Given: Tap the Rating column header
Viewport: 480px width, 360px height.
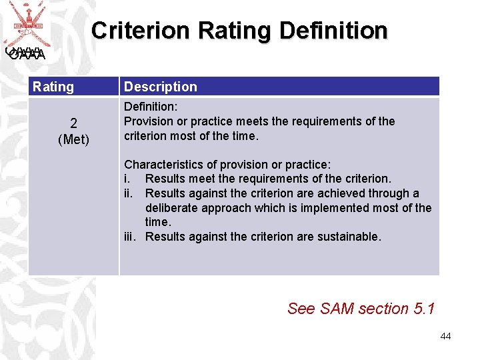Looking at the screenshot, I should pos(53,87).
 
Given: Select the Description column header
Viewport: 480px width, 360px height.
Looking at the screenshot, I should pos(161,87).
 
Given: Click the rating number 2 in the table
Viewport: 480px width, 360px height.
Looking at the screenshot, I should pos(73,123).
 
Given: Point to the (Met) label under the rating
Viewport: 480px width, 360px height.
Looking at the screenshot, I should pos(73,139).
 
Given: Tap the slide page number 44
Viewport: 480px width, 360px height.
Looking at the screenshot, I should pos(445,336).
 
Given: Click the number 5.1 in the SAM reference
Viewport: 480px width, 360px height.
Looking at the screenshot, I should pos(424,309).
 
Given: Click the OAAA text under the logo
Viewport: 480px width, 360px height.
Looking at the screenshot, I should pos(27,55).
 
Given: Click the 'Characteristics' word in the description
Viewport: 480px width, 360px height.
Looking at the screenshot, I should pos(164,164).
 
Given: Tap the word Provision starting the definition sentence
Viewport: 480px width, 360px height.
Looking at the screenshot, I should pos(149,121).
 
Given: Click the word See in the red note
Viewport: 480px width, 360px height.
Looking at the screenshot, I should pos(301,309).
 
